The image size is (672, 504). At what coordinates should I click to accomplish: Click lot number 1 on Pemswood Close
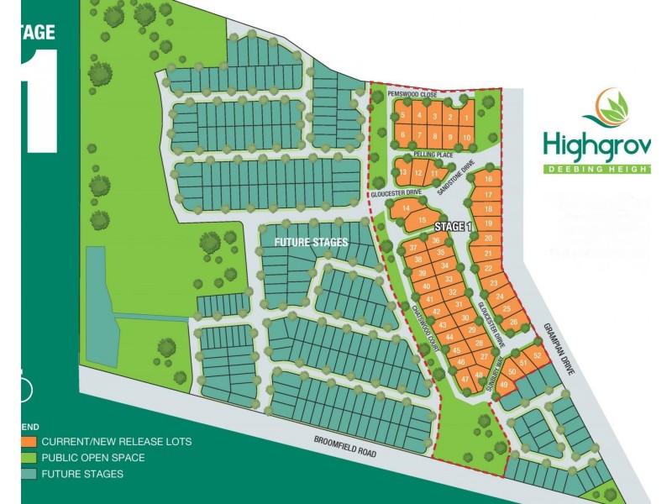click(x=466, y=118)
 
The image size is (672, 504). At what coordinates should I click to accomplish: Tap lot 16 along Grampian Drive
click(x=488, y=179)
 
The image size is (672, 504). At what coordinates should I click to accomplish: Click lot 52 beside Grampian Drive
click(x=538, y=356)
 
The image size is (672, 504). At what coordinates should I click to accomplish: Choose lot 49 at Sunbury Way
click(x=504, y=385)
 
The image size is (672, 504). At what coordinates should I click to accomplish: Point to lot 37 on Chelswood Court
click(x=413, y=249)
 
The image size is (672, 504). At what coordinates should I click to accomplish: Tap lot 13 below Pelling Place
click(x=403, y=173)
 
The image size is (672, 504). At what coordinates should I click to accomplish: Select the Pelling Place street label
click(x=434, y=155)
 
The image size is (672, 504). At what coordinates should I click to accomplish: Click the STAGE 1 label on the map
click(x=454, y=227)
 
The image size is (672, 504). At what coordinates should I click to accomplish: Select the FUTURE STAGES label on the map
click(x=311, y=241)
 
